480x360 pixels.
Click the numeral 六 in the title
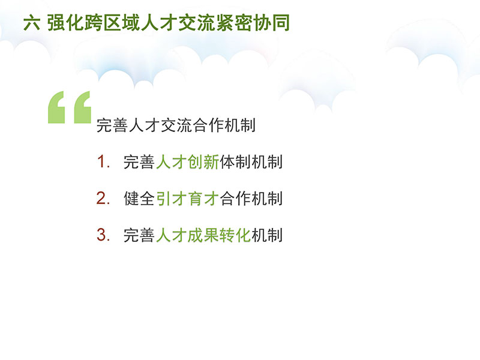[x=32, y=23]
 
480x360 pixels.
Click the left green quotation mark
[x=56, y=107]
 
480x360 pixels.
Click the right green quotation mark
[x=83, y=107]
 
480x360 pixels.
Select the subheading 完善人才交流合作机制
[x=176, y=125]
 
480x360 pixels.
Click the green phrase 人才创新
[x=187, y=162]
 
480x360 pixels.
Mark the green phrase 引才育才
[x=187, y=199]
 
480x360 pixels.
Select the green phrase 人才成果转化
[x=203, y=235]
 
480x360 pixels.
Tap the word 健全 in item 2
[x=139, y=199]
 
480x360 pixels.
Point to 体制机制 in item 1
[x=251, y=162]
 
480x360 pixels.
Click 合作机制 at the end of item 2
[x=251, y=199]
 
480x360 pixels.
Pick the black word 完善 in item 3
[x=139, y=235]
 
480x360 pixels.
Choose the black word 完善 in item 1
[x=139, y=162]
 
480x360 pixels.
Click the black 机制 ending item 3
[x=267, y=235]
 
